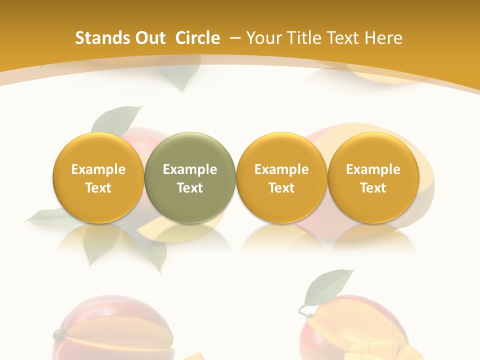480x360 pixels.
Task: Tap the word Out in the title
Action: pos(148,38)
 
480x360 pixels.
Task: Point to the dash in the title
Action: pos(234,38)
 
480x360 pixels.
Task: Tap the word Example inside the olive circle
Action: pos(190,169)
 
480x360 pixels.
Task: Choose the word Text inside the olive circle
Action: pos(190,188)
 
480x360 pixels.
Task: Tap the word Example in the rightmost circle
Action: pos(373,169)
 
